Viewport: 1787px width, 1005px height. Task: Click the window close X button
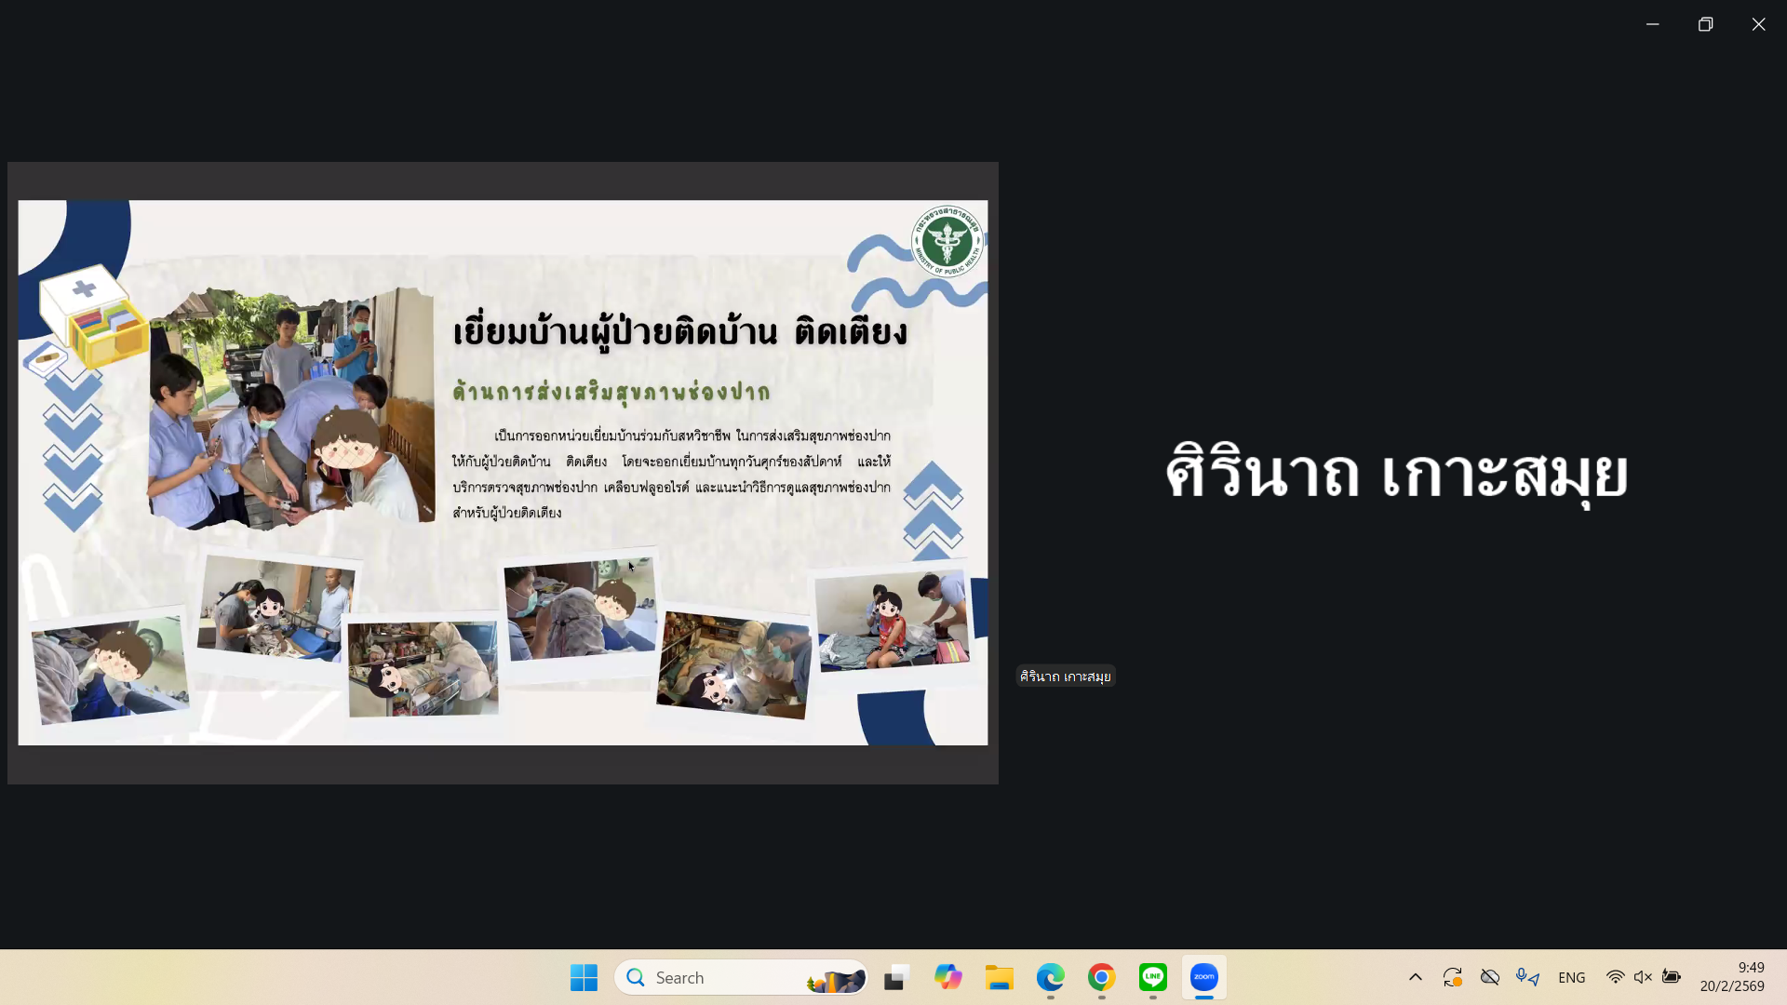(x=1758, y=24)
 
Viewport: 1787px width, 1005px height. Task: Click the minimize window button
(x=1652, y=24)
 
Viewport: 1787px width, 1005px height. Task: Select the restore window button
(x=1705, y=24)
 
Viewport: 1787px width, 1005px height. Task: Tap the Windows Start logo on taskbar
(x=584, y=977)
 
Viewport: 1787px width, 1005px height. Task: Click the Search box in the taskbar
(x=741, y=977)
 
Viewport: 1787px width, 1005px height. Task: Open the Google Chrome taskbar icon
(x=1101, y=977)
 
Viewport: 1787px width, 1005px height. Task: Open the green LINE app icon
(x=1152, y=977)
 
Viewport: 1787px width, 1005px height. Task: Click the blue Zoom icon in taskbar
(x=1203, y=977)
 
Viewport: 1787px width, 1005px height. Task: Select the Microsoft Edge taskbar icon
(x=1050, y=977)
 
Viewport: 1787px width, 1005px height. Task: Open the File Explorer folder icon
(x=999, y=977)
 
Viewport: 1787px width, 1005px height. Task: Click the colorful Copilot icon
(x=947, y=977)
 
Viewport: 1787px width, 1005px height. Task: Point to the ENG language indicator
(x=1571, y=977)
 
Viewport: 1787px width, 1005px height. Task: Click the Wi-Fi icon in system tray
(x=1615, y=977)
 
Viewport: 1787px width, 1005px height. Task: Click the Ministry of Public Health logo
(x=947, y=241)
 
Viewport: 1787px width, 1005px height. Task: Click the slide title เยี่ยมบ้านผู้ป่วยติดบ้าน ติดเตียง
(x=679, y=332)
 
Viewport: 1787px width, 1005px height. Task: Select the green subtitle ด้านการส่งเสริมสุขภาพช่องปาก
(x=611, y=392)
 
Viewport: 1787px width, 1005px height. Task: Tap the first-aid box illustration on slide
(x=94, y=316)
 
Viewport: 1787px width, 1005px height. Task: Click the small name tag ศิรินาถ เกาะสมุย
(x=1065, y=677)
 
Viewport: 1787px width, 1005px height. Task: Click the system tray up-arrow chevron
(x=1415, y=977)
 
